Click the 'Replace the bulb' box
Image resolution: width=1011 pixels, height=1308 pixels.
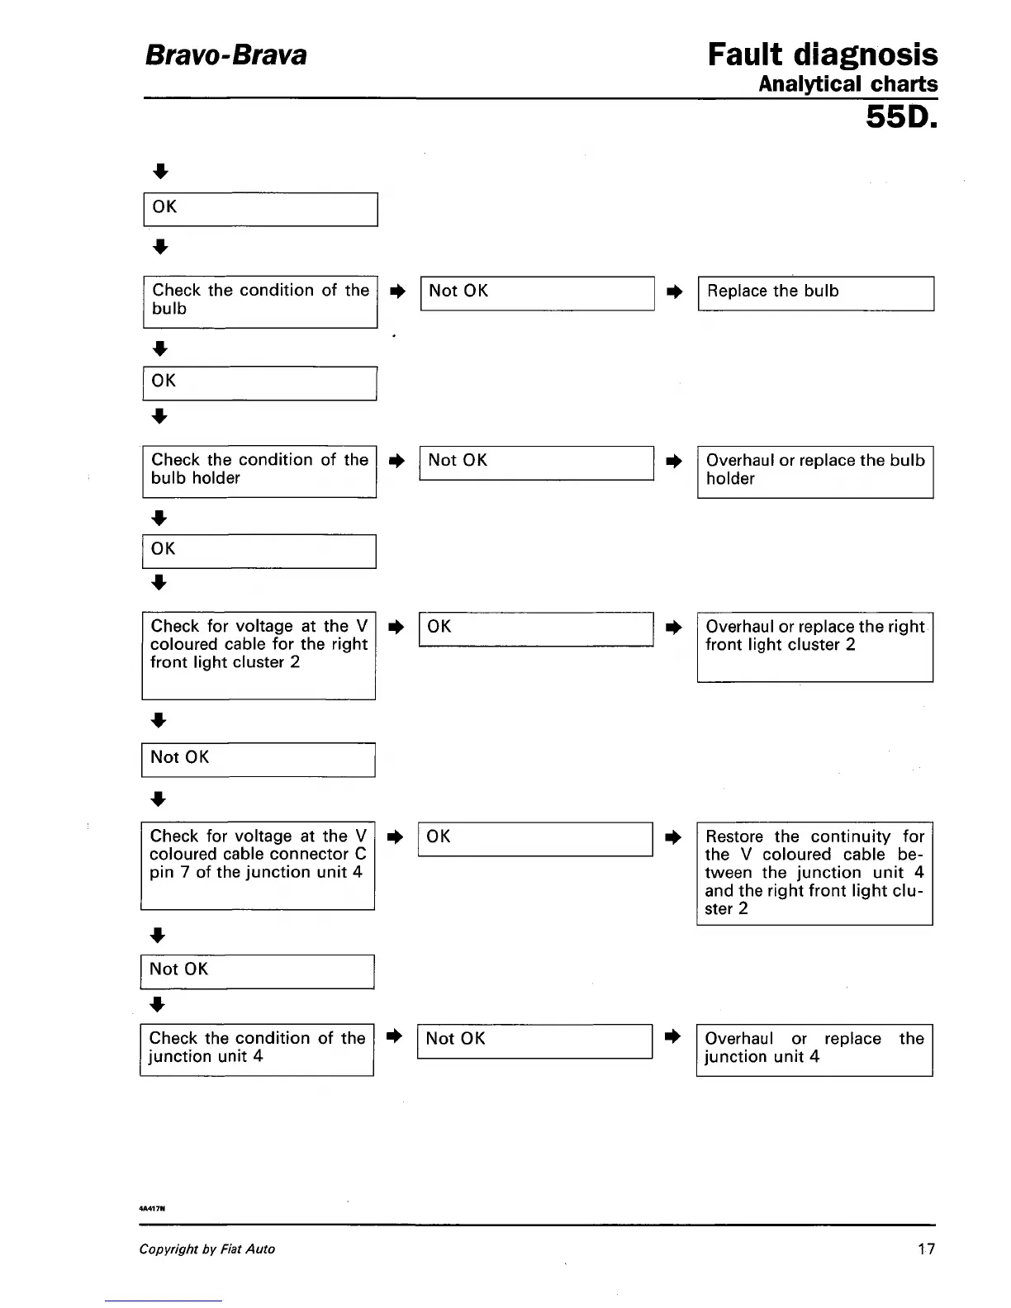815,293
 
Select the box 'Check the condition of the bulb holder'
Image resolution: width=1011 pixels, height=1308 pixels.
259,472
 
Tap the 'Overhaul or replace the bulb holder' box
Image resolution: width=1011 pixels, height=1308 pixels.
815,472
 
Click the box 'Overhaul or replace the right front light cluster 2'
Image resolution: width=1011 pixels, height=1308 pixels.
814,647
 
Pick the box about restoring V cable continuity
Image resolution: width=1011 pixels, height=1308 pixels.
814,873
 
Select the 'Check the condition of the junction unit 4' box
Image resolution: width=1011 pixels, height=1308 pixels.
257,1050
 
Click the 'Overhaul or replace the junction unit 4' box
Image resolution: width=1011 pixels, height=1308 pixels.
814,1050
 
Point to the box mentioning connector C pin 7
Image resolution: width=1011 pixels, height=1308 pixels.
258,865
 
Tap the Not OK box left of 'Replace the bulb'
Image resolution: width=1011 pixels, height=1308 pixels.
537,293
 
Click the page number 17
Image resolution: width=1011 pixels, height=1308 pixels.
927,1249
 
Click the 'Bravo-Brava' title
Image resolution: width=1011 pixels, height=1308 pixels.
225,55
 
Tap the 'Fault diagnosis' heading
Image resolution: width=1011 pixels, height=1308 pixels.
822,55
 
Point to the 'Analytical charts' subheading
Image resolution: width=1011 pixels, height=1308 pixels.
847,84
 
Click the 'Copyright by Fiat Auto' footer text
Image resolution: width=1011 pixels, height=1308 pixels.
206,1249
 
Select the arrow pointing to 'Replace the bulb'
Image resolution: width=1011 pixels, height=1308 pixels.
675,291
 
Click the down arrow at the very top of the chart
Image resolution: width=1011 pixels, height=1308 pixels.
161,172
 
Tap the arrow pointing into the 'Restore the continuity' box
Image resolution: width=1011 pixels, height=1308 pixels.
674,837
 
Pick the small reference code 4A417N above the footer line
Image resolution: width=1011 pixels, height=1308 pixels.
154,1207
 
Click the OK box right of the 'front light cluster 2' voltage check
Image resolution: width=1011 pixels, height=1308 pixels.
536,628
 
